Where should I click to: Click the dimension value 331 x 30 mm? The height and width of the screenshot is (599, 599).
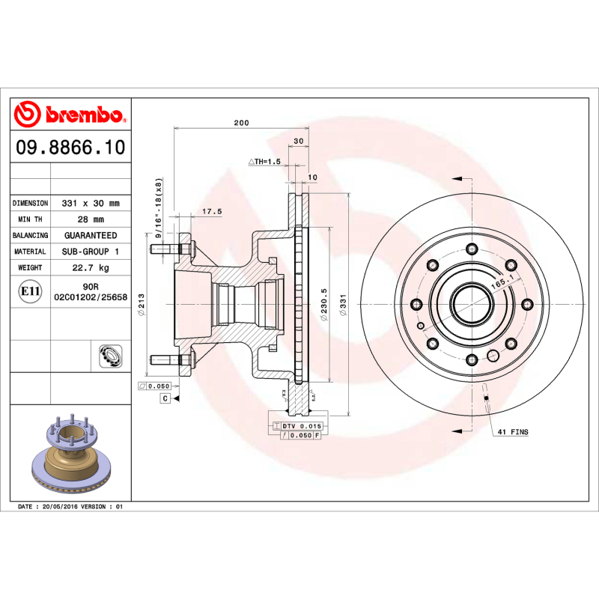[91, 203]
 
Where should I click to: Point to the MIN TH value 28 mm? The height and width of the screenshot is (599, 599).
[91, 219]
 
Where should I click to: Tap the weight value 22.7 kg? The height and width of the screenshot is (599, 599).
[91, 267]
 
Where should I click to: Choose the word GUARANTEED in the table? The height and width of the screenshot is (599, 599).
[91, 235]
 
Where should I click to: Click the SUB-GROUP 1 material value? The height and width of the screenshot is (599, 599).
[91, 252]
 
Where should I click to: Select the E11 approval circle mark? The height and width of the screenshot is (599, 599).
[30, 292]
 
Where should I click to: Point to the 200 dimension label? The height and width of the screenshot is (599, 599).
[241, 123]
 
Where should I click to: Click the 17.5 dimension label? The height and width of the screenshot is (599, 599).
[213, 212]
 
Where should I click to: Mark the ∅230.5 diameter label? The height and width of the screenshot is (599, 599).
[324, 306]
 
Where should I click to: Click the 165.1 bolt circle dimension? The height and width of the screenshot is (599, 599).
[501, 282]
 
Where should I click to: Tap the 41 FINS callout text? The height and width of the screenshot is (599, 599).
[513, 433]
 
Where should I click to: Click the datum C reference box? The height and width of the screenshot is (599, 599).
[164, 398]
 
